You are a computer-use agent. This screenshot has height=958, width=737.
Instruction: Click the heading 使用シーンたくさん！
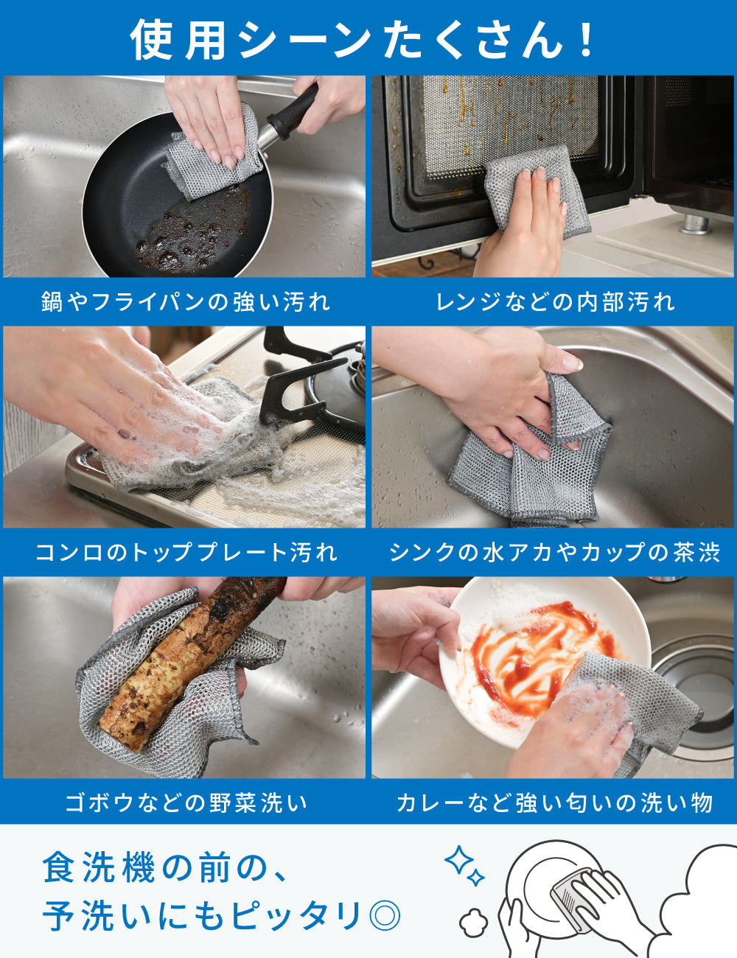[363, 38]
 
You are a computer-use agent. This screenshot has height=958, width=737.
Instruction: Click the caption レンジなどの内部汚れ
[555, 301]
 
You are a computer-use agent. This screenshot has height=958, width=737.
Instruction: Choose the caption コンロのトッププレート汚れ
[186, 552]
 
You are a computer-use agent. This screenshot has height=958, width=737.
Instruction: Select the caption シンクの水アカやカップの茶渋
[554, 552]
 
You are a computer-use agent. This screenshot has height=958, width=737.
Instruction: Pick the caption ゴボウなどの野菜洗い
[186, 803]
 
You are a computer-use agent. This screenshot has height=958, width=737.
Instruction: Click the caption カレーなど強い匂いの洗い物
[554, 803]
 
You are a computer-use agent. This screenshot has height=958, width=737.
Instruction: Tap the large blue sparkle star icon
[458, 859]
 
